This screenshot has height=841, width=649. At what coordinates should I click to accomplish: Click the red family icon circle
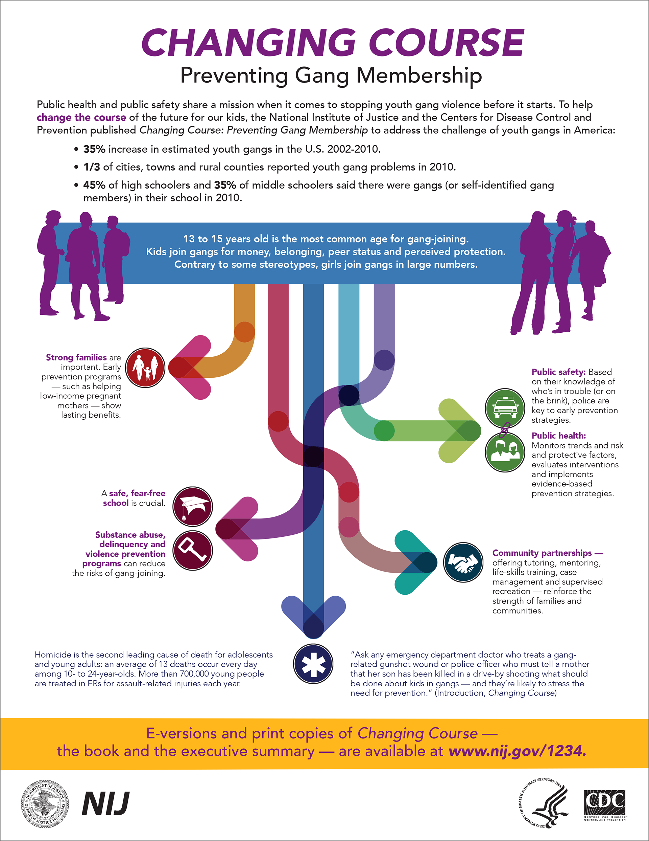[x=145, y=368]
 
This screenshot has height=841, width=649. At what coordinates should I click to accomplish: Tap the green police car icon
[x=505, y=408]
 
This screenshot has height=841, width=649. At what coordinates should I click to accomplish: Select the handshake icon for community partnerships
[x=463, y=562]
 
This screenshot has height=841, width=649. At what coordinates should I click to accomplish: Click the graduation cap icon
[x=192, y=506]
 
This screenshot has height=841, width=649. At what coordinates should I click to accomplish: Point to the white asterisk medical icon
[x=313, y=664]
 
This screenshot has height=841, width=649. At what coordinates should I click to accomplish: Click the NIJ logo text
[x=106, y=803]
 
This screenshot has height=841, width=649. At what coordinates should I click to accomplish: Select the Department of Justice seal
[x=45, y=804]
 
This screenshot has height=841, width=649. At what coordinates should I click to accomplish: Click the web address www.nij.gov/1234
[x=518, y=751]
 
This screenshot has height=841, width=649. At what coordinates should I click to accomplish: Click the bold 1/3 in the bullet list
[x=92, y=167]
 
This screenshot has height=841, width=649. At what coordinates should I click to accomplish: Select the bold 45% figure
[x=94, y=185]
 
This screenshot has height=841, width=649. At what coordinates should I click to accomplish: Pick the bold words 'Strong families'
[x=76, y=357]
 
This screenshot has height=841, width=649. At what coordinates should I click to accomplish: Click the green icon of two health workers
[x=505, y=452]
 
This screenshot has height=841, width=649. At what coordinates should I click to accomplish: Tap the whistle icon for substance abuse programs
[x=192, y=551]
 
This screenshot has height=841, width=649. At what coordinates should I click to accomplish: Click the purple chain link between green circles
[x=504, y=430]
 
